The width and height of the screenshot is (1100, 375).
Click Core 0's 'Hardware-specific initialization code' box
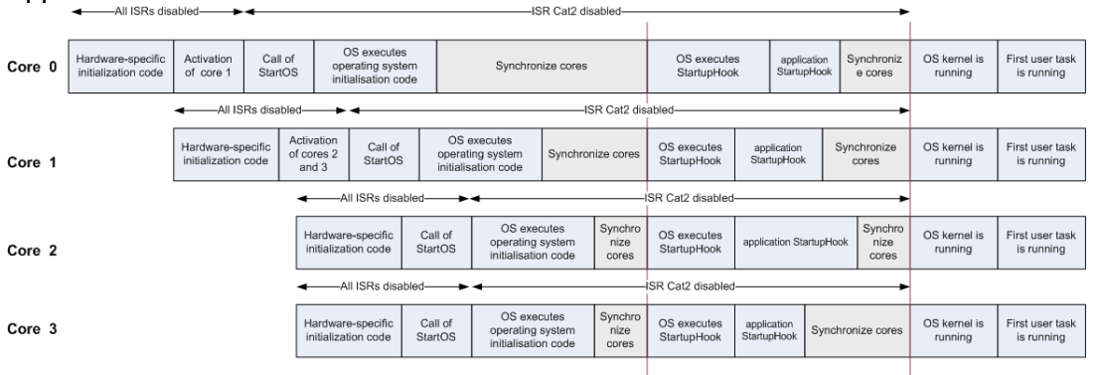tap(120, 68)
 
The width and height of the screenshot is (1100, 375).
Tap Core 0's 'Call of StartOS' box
tap(278, 68)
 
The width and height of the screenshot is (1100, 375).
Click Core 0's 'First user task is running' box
tap(1037, 68)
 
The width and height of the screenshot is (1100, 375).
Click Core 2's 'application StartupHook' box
tap(796, 242)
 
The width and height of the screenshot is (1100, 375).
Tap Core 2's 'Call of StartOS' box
tap(436, 242)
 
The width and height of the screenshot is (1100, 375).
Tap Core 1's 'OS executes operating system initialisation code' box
tap(480, 154)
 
